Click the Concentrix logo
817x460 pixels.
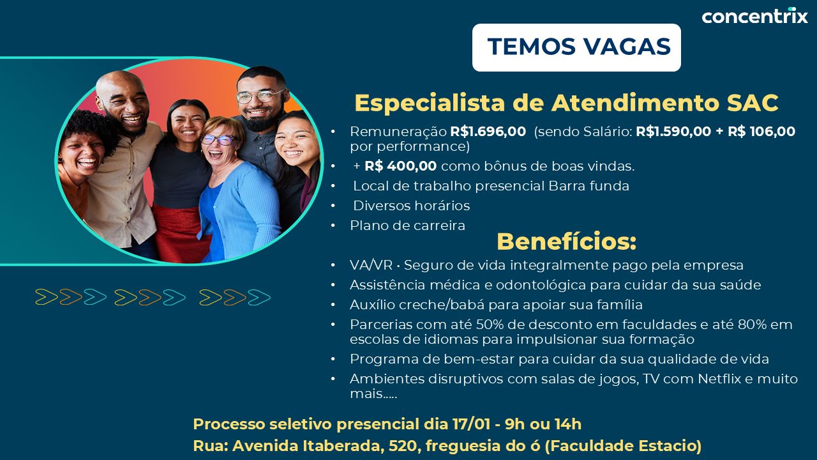point(754,15)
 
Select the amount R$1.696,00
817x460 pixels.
point(488,132)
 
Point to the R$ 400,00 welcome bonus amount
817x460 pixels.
point(400,166)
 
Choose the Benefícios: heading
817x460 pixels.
point(566,241)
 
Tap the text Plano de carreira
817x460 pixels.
point(407,226)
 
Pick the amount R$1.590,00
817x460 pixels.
point(673,132)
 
